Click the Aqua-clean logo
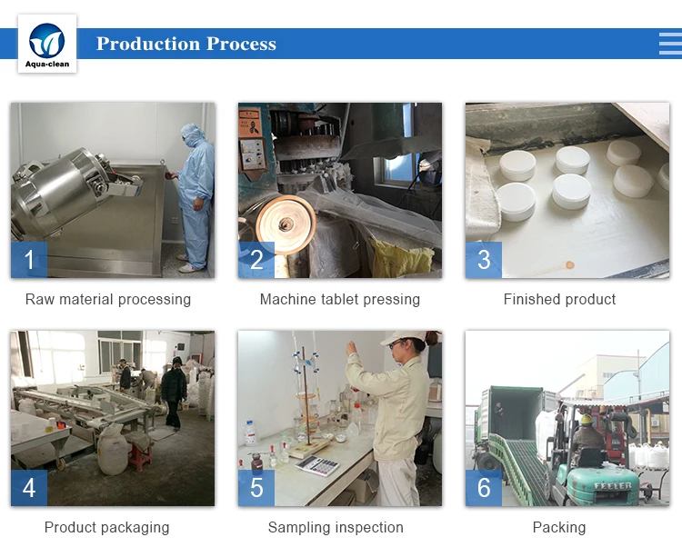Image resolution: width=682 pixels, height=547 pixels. (47, 44)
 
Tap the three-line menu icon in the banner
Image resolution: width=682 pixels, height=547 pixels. (670, 44)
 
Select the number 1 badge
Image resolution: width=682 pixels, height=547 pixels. (29, 259)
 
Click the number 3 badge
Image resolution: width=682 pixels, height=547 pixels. (484, 259)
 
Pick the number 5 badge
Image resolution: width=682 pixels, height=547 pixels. (256, 487)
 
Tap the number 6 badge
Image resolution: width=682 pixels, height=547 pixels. (484, 487)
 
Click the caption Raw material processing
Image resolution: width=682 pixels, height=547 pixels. (108, 299)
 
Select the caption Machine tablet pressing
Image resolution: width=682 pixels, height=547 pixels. (340, 299)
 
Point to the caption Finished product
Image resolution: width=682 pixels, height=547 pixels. (559, 299)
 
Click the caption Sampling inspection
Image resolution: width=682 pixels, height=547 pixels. (336, 527)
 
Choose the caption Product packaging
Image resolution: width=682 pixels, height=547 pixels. (106, 527)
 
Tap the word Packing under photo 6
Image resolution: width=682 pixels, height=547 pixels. (559, 527)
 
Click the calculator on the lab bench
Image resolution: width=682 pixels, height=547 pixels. (317, 465)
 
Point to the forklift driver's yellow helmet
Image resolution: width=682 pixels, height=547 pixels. (587, 419)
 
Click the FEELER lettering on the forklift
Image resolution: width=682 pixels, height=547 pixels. (612, 485)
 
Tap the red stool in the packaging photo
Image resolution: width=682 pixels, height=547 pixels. (140, 457)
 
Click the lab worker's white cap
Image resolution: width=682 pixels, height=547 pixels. (403, 337)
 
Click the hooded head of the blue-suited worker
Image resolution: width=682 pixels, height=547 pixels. (191, 135)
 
